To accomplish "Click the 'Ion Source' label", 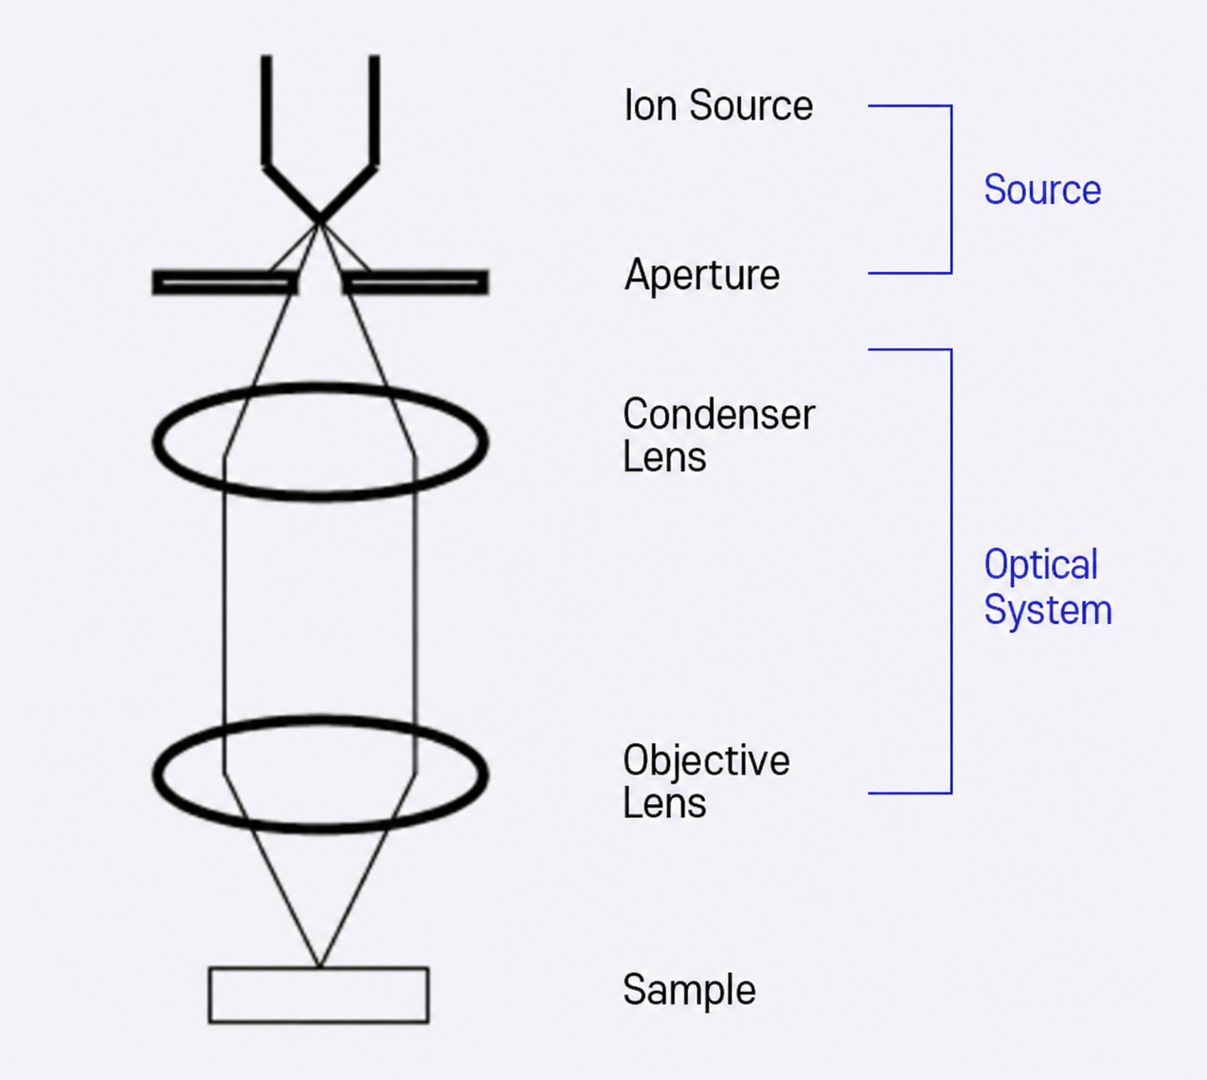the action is click(x=718, y=106).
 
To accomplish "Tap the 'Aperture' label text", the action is click(x=703, y=276).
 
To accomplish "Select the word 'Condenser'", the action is click(x=719, y=414).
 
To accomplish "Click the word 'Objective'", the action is click(x=706, y=762).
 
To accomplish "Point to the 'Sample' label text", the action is click(x=689, y=991).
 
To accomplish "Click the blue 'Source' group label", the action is click(x=1042, y=189).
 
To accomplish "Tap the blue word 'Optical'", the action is click(x=1040, y=565).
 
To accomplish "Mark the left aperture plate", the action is click(x=225, y=282).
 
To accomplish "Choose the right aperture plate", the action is click(x=415, y=282).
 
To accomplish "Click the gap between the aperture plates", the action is click(x=319, y=282).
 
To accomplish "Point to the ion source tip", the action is click(x=319, y=220).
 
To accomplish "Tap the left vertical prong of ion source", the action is click(x=267, y=110).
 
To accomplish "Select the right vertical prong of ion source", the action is click(x=374, y=110).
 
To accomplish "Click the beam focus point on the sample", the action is click(x=319, y=966).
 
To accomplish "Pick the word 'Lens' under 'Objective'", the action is click(x=664, y=803).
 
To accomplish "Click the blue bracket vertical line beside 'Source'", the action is click(x=951, y=189).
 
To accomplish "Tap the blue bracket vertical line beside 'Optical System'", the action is click(x=951, y=571).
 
